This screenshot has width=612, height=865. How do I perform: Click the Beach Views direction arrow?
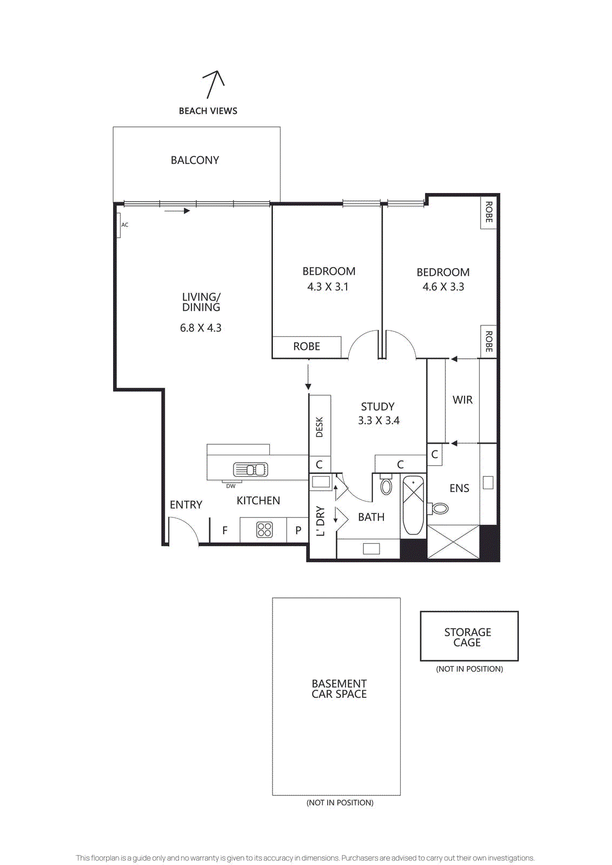coord(214,84)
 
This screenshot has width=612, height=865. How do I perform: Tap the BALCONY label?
coord(195,160)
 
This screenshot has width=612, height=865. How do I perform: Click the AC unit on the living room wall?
coord(118,225)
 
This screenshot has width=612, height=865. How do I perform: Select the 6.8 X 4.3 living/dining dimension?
coord(201,328)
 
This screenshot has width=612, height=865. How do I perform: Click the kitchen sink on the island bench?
coord(250,469)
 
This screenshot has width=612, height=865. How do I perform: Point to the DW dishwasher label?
coord(231,486)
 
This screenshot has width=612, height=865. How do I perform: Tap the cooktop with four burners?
coord(264,530)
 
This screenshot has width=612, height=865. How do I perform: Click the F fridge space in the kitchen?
coord(225,530)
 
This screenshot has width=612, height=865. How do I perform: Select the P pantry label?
coord(298,530)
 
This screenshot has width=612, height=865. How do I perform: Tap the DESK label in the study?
coord(320,427)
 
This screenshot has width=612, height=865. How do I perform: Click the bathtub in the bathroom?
coord(414,505)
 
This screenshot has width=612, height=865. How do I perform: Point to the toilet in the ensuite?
coord(440,508)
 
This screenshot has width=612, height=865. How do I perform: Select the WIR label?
coord(462,400)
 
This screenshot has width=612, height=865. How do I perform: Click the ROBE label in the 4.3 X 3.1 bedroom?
coord(307,347)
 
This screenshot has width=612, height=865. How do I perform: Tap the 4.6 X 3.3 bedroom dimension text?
coord(443,287)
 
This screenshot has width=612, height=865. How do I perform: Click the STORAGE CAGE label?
coord(468,637)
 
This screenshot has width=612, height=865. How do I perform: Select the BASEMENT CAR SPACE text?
coord(339,689)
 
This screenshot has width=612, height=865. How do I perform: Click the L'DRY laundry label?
coord(321,521)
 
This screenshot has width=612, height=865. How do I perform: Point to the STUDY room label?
coord(377,407)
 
